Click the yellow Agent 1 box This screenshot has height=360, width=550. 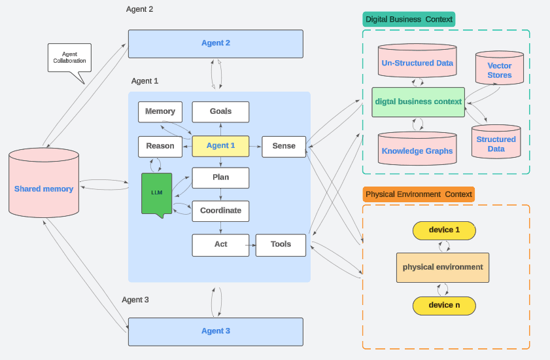(220, 146)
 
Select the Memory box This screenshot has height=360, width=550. (160, 112)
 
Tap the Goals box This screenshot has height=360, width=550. (220, 112)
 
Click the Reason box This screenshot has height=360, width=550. (160, 146)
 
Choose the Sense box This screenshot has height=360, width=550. (284, 146)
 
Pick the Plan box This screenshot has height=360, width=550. (220, 177)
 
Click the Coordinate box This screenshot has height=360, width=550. (220, 211)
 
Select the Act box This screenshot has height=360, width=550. (220, 245)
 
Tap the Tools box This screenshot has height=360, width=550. (281, 245)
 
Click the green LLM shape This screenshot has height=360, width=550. (157, 193)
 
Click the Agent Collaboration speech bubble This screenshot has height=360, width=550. (69, 58)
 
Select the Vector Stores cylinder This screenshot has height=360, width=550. (500, 69)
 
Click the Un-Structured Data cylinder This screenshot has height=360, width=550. (417, 63)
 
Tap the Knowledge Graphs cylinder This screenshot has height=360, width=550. (417, 150)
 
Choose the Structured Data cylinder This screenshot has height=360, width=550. (496, 142)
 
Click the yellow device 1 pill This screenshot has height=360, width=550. (444, 230)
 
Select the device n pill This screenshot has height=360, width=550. (444, 305)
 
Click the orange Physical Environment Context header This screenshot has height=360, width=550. (419, 194)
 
